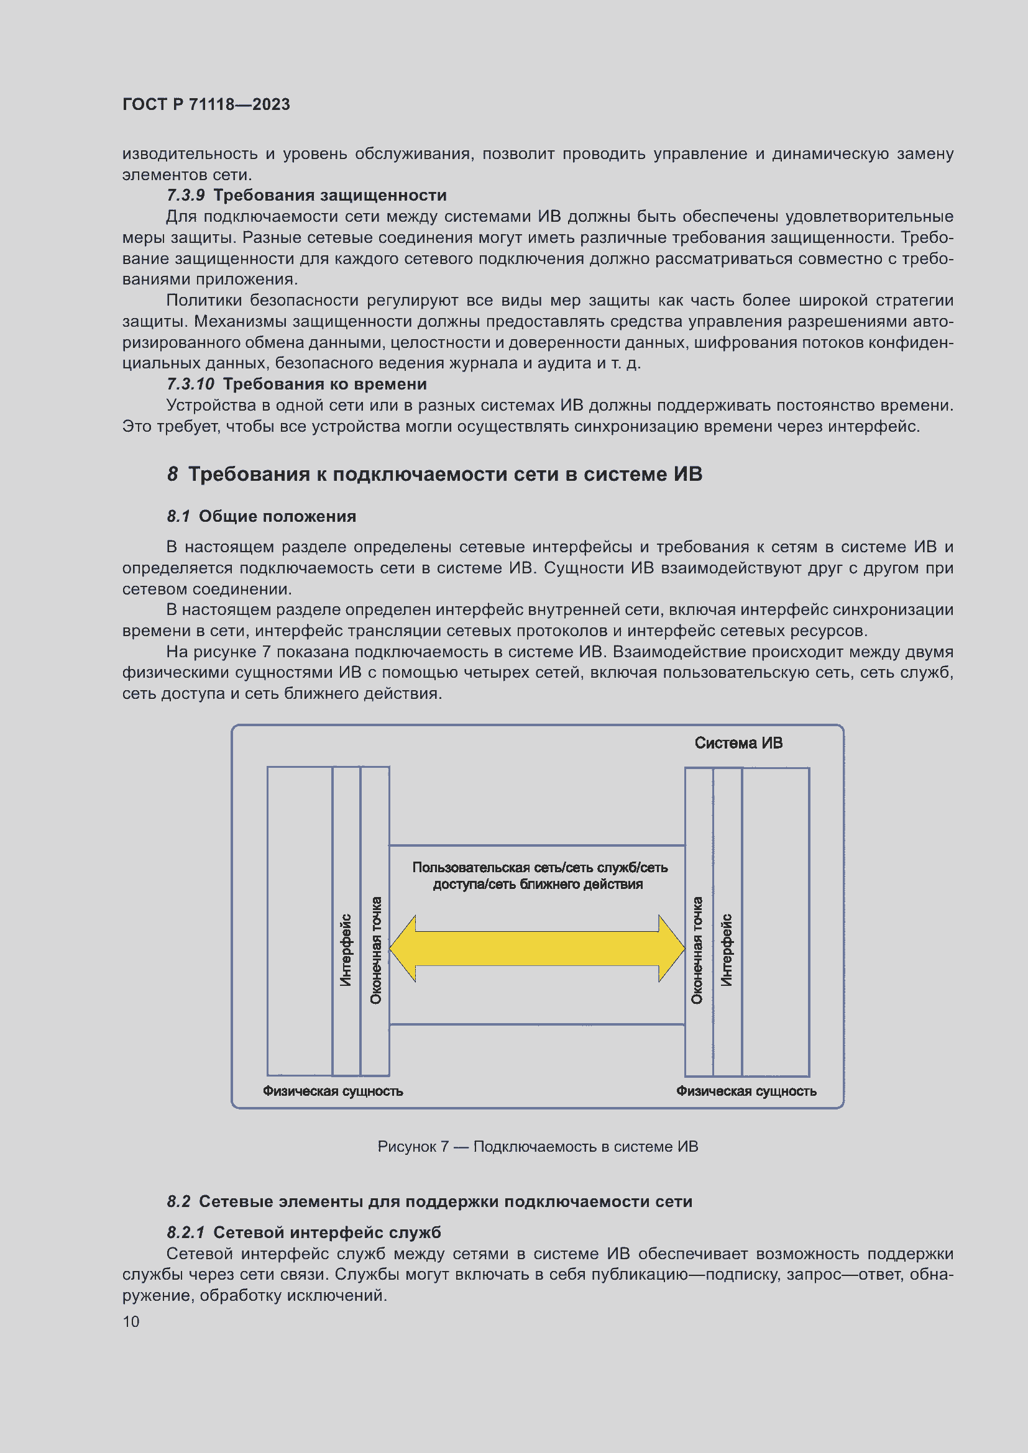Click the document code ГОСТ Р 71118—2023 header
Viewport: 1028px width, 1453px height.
(206, 104)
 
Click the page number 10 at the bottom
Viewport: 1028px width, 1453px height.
(131, 1321)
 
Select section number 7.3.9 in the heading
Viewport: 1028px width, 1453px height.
(185, 195)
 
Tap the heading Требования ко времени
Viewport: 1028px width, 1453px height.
(324, 384)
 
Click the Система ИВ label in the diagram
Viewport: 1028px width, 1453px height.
(738, 743)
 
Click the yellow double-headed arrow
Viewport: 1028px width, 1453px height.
(537, 948)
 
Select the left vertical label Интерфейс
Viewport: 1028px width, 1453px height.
(346, 949)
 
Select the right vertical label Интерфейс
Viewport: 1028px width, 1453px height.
(727, 949)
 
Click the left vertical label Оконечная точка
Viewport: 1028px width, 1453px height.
(376, 949)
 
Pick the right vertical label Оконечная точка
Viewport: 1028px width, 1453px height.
(697, 949)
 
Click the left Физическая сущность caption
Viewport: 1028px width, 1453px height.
(333, 1091)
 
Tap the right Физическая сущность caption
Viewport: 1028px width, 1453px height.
(746, 1091)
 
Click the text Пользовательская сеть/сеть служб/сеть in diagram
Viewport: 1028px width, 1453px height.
(539, 868)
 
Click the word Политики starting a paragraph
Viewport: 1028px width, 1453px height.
(204, 301)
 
